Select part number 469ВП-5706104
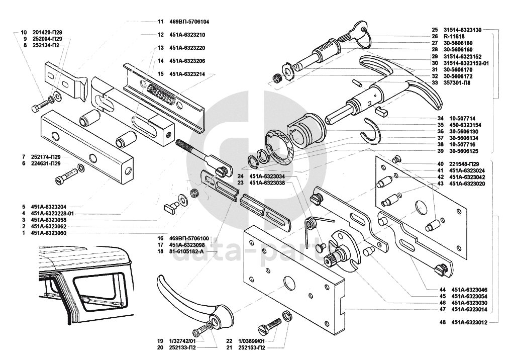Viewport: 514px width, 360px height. pyautogui.click(x=189, y=22)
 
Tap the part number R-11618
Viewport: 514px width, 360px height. pyautogui.click(x=454, y=36)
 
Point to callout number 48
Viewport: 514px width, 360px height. pyautogui.click(x=443, y=322)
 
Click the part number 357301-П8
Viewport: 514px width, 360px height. pyautogui.click(x=457, y=82)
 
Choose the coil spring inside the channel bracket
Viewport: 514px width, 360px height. pyautogui.click(x=160, y=93)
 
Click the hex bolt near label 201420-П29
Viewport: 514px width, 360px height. pyautogui.click(x=39, y=106)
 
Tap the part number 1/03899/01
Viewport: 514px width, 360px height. pyautogui.click(x=251, y=341)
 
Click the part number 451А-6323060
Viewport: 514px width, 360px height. pyautogui.click(x=49, y=233)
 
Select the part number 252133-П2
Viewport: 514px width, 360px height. pyautogui.click(x=182, y=347)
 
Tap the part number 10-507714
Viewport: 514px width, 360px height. pyautogui.click(x=462, y=118)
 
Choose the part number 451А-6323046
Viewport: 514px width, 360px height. pyautogui.click(x=469, y=290)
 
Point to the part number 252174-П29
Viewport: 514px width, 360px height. pyautogui.click(x=46, y=157)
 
